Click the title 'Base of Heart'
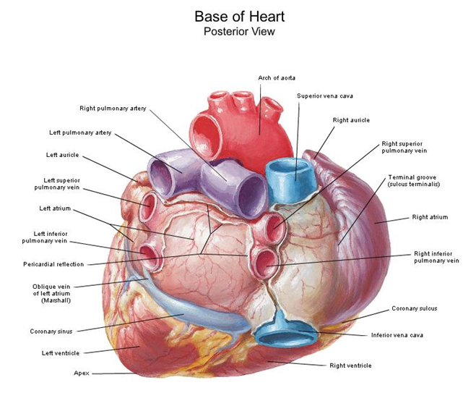pyautogui.click(x=238, y=15)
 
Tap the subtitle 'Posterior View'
pyautogui.click(x=238, y=31)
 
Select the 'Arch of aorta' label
pyautogui.click(x=276, y=77)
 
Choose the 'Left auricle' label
pyautogui.click(x=64, y=155)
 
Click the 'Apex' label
pyautogui.click(x=81, y=373)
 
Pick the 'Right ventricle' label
pyautogui.click(x=350, y=365)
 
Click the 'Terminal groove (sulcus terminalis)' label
pyautogui.click(x=414, y=181)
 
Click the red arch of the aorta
pyautogui.click(x=231, y=127)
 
